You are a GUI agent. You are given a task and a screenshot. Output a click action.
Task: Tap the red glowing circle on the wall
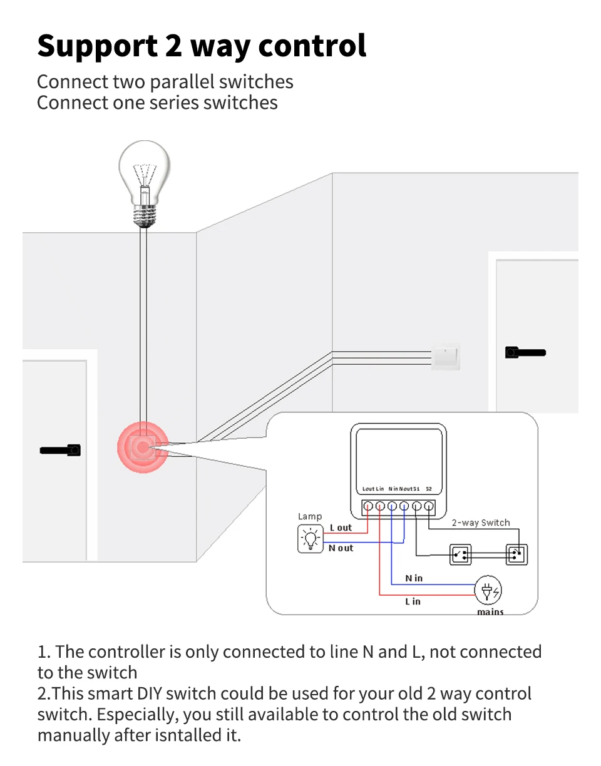tap(143, 447)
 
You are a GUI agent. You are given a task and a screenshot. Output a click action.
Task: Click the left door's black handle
tap(60, 450)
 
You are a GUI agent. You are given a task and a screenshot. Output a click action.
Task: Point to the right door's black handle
tap(525, 353)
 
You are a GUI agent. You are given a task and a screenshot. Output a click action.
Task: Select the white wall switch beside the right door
tap(445, 356)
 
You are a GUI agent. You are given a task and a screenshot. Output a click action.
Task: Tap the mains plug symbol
tap(488, 591)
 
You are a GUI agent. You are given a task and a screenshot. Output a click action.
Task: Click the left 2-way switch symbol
tap(460, 554)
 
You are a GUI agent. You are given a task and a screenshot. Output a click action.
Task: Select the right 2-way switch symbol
tap(516, 554)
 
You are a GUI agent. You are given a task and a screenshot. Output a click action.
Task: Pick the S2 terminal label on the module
tap(429, 489)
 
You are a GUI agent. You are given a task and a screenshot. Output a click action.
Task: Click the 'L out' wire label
tap(341, 528)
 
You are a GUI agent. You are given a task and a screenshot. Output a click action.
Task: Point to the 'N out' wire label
tap(341, 548)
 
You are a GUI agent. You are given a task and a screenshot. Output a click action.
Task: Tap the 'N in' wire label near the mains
tap(414, 578)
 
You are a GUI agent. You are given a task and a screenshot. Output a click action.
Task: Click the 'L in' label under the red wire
tap(413, 601)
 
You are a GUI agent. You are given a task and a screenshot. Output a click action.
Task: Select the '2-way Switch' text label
tap(481, 523)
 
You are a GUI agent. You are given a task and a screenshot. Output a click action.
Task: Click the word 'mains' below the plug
tap(490, 611)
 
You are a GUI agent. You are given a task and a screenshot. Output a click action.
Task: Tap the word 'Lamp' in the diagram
tap(310, 516)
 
